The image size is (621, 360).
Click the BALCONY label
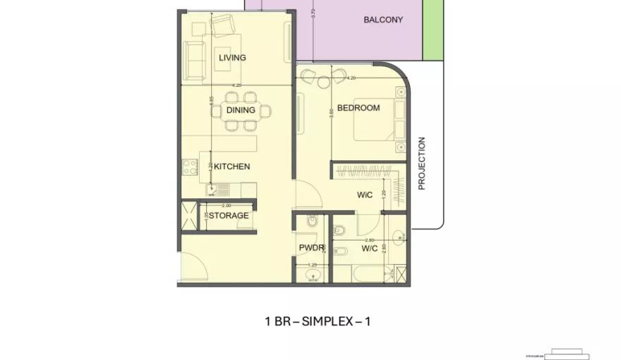pos(383,20)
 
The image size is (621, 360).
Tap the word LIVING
pos(232,58)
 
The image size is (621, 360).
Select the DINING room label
pos(241,110)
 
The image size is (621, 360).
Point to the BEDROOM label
pos(358,108)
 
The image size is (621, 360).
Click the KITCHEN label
pos(232,167)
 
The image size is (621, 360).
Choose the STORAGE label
pos(228,215)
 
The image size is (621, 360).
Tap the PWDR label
pos(311,248)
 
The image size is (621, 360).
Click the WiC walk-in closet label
pos(364,195)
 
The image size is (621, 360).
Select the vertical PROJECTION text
pos(422,163)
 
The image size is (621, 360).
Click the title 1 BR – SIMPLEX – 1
pos(317,321)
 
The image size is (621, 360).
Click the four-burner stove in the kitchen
pos(190,167)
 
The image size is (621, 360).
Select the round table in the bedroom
pos(324,83)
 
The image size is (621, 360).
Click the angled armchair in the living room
pos(224,26)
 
